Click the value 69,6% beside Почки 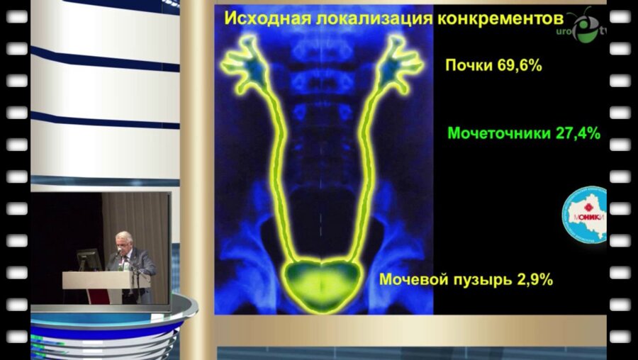point(518,66)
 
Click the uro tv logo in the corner point(586,28)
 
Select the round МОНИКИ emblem point(585,215)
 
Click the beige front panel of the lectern point(106,279)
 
